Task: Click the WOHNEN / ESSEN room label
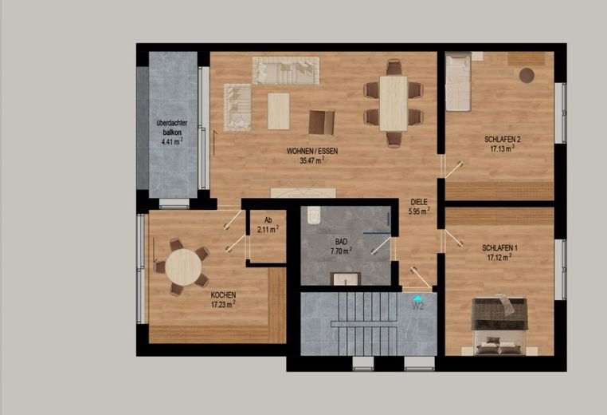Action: click(312, 151)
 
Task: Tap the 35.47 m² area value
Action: click(312, 160)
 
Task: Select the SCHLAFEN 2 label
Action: click(503, 139)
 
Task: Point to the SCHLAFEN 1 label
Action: click(499, 248)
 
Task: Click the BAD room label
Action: click(341, 242)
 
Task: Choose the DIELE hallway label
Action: click(419, 202)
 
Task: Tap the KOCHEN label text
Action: click(223, 295)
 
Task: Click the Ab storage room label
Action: click(268, 220)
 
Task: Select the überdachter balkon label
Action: click(172, 128)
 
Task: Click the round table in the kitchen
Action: click(183, 267)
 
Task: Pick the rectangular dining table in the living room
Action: click(394, 104)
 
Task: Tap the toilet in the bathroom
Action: click(314, 215)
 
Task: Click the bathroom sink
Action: click(345, 279)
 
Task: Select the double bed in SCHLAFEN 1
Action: click(499, 326)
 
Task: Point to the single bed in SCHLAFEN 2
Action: click(458, 81)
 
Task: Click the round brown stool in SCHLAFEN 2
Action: click(527, 75)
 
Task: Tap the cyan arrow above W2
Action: click(417, 298)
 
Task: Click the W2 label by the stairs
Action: click(417, 306)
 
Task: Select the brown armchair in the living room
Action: click(322, 123)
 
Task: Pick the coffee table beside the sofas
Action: click(278, 111)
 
